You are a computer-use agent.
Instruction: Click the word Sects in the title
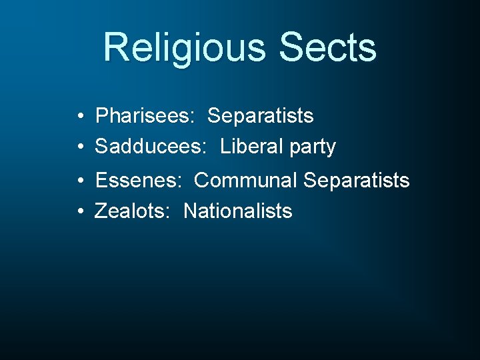click(328, 48)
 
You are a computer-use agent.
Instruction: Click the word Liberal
click(251, 147)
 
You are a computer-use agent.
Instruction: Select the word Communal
click(246, 180)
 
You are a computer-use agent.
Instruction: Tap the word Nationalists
click(238, 211)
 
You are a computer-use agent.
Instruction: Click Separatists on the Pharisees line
click(261, 116)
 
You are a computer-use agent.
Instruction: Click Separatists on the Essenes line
click(357, 180)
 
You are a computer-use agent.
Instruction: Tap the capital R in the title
click(116, 48)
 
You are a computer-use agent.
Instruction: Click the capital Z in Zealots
click(101, 211)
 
